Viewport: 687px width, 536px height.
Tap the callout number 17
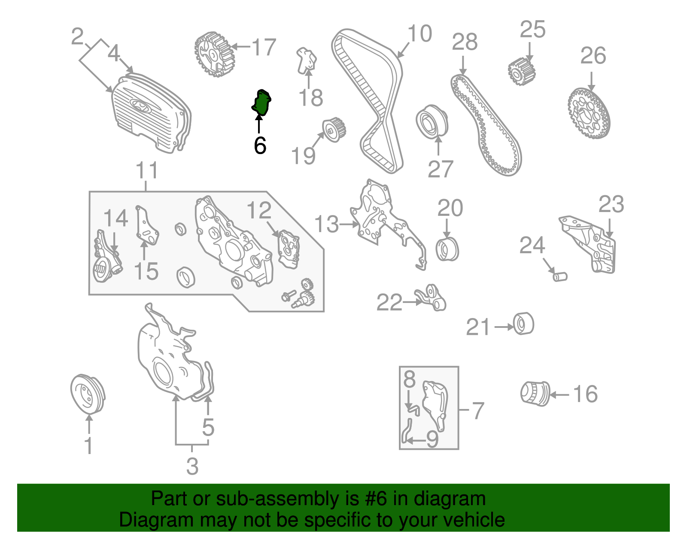click(264, 47)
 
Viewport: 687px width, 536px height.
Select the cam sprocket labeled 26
click(588, 113)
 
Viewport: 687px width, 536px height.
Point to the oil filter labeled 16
click(535, 394)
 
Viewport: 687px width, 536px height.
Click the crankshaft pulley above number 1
click(88, 394)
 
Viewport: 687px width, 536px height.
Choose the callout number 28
click(465, 42)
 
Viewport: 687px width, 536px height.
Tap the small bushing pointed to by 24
click(560, 277)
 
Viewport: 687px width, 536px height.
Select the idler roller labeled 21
click(523, 324)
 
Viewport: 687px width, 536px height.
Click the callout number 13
click(326, 224)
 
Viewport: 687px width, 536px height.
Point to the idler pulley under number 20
click(447, 249)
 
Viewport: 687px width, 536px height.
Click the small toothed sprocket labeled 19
click(334, 130)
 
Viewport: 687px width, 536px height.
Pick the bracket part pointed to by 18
click(306, 61)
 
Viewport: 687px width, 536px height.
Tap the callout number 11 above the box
click(147, 170)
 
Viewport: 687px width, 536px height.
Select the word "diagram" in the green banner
click(449, 499)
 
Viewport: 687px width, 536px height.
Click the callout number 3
click(192, 466)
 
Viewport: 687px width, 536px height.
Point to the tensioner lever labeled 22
click(430, 297)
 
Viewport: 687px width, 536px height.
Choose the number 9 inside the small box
click(432, 439)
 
